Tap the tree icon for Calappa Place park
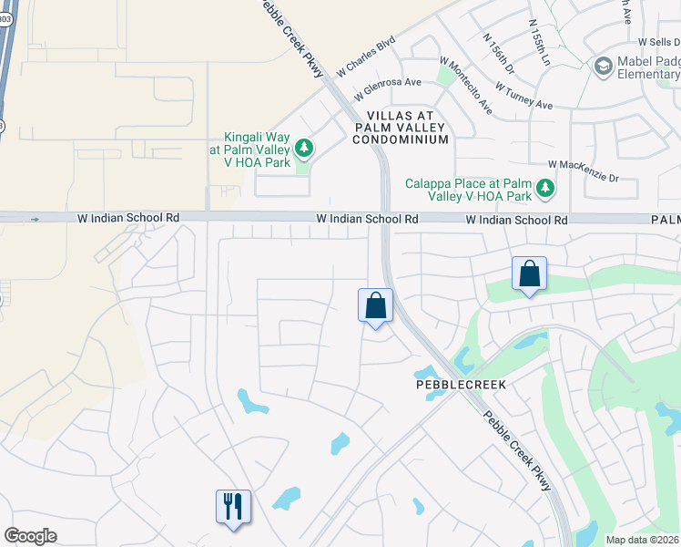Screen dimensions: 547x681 [x=545, y=188]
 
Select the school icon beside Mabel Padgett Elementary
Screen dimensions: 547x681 [x=602, y=66]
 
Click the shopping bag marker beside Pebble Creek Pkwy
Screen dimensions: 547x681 [x=375, y=305]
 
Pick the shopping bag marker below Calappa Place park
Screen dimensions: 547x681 [x=529, y=274]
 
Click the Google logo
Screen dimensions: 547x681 [x=30, y=536]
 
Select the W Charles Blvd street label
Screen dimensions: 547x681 [x=367, y=56]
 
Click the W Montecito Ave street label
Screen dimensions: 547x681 [x=465, y=86]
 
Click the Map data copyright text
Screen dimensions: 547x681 [x=643, y=540]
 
